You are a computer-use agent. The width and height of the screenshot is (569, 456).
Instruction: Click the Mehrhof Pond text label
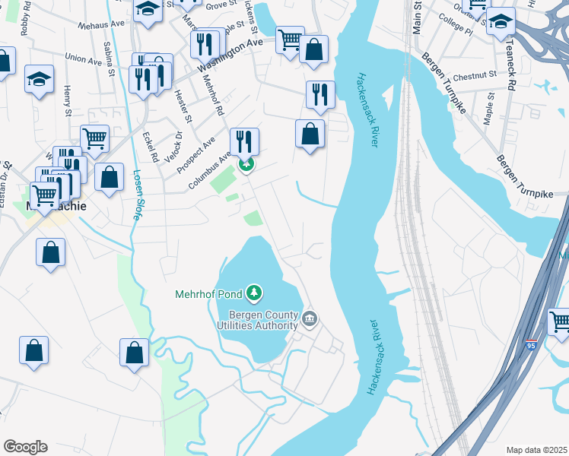[209, 293]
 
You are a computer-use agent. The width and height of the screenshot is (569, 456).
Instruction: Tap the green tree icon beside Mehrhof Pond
[255, 293]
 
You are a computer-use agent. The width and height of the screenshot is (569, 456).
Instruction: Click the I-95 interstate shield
[530, 346]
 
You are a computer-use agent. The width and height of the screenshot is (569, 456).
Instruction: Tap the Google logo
[25, 447]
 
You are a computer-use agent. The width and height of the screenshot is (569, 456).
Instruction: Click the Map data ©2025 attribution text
[536, 450]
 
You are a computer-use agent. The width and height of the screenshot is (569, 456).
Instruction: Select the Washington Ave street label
[230, 55]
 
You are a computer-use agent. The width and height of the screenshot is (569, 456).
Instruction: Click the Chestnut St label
[473, 76]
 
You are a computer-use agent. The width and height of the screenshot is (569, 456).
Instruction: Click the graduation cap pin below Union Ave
[39, 79]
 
